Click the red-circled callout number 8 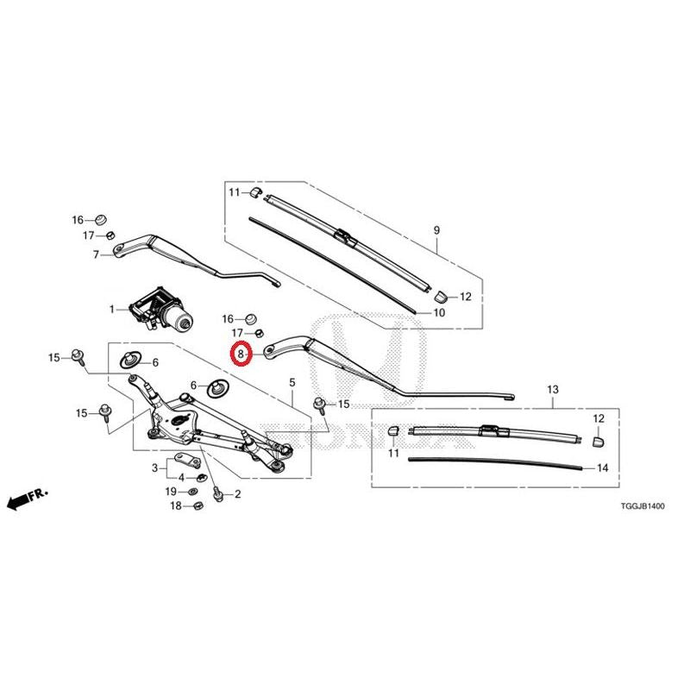pyautogui.click(x=241, y=354)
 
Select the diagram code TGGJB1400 pyautogui.click(x=643, y=506)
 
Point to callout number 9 pyautogui.click(x=436, y=229)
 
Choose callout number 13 pyautogui.click(x=553, y=390)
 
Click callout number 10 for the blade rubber pyautogui.click(x=439, y=313)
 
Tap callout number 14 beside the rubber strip pyautogui.click(x=602, y=467)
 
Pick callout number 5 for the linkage pyautogui.click(x=292, y=382)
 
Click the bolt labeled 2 pyautogui.click(x=217, y=494)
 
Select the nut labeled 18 pyautogui.click(x=198, y=506)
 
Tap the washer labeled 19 pyautogui.click(x=192, y=491)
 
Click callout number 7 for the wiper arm pyautogui.click(x=96, y=254)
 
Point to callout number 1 pyautogui.click(x=112, y=310)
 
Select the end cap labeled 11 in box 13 pyautogui.click(x=393, y=430)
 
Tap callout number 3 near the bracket pyautogui.click(x=155, y=467)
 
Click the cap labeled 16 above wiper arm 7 pyautogui.click(x=101, y=219)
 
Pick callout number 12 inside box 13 pyautogui.click(x=599, y=418)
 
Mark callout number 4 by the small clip pyautogui.click(x=181, y=478)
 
